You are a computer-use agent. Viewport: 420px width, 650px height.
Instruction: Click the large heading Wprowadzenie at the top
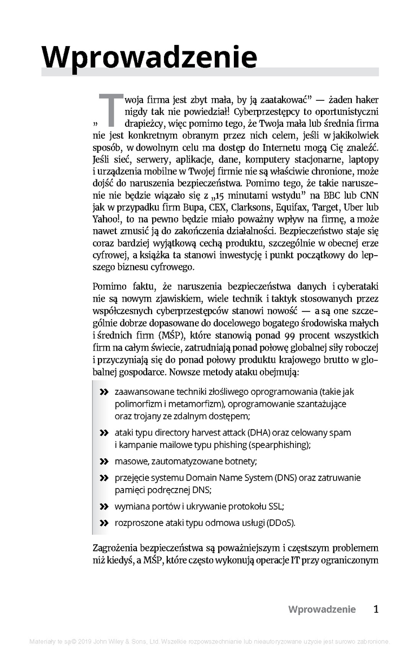(149, 56)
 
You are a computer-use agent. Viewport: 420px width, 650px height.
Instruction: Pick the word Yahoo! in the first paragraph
(108, 218)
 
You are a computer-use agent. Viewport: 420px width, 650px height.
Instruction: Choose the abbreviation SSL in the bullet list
(275, 506)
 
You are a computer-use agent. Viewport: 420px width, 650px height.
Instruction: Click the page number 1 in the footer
(376, 609)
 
